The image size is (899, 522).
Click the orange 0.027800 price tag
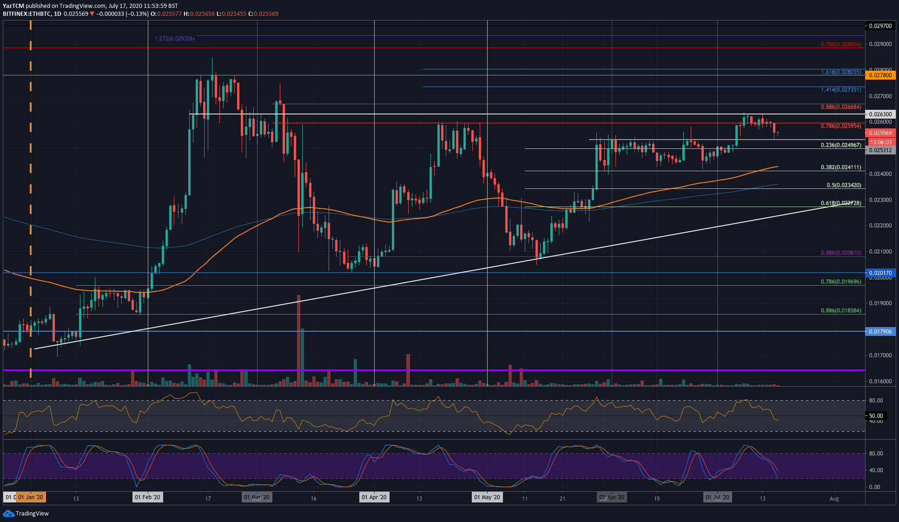pyautogui.click(x=880, y=75)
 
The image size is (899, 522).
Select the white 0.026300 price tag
pyautogui.click(x=880, y=114)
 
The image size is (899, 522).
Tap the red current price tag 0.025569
pyautogui.click(x=880, y=133)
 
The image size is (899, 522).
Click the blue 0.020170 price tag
pyautogui.click(x=880, y=273)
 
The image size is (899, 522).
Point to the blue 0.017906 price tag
pyautogui.click(x=880, y=331)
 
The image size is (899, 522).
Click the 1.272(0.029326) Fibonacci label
pyautogui.click(x=175, y=39)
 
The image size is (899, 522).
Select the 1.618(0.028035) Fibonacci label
pyautogui.click(x=840, y=72)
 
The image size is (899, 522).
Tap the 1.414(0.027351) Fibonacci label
pyautogui.click(x=840, y=90)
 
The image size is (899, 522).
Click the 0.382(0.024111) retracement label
pyautogui.click(x=840, y=167)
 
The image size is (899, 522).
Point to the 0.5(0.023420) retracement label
pyautogui.click(x=843, y=185)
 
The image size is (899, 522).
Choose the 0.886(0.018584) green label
pyautogui.click(x=840, y=310)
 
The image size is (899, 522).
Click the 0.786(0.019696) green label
pyautogui.click(x=840, y=281)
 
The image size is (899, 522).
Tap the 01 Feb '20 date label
pyautogui.click(x=147, y=497)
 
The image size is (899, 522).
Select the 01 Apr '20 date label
pyautogui.click(x=374, y=497)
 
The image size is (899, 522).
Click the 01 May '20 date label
pyautogui.click(x=487, y=497)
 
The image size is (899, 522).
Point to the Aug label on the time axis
pyautogui.click(x=834, y=499)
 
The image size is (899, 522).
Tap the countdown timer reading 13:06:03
pyautogui.click(x=880, y=142)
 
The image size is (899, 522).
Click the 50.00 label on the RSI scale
pyautogui.click(x=876, y=416)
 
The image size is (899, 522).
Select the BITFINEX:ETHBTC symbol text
pyautogui.click(x=27, y=14)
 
